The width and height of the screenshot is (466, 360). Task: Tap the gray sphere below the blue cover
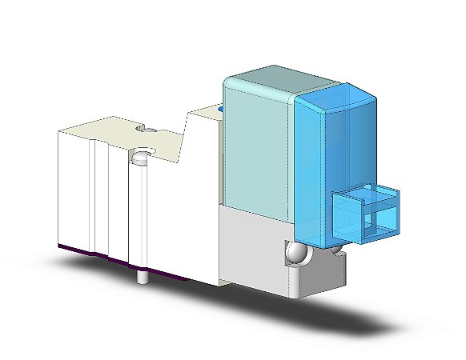pos(296,255)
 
